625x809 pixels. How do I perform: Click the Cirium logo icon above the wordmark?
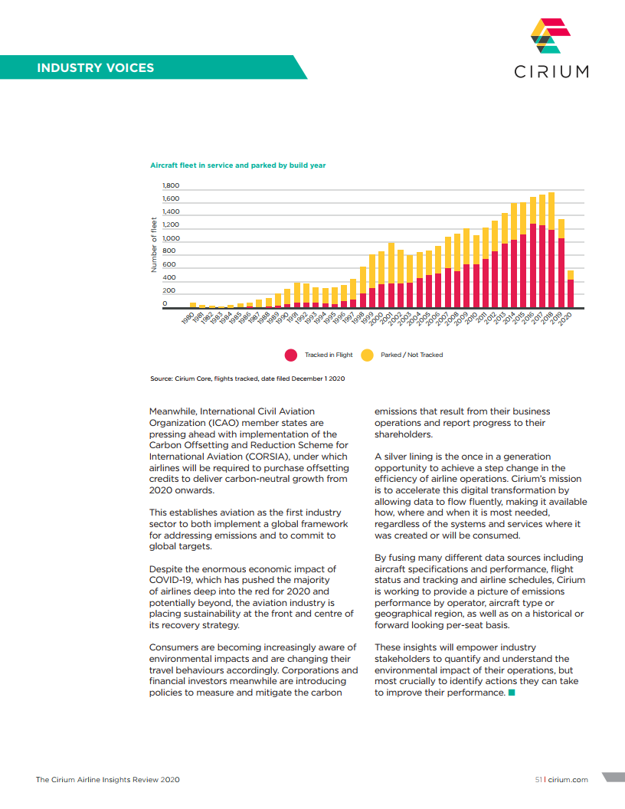(x=551, y=36)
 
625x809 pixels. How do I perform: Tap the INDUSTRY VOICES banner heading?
(x=96, y=67)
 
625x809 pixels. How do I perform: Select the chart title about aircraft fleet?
(x=237, y=165)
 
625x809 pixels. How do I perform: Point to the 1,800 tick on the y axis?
(x=170, y=186)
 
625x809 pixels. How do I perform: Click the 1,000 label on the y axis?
(x=170, y=238)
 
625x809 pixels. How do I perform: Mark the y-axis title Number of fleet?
(x=153, y=245)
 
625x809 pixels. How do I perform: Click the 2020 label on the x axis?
(x=567, y=318)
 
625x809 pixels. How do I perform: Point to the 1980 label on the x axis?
(x=188, y=318)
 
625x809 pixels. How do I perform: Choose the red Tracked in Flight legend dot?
(x=291, y=355)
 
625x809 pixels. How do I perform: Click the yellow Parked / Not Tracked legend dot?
(x=367, y=355)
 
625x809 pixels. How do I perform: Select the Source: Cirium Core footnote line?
(x=247, y=379)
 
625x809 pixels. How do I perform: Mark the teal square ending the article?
(x=512, y=693)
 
